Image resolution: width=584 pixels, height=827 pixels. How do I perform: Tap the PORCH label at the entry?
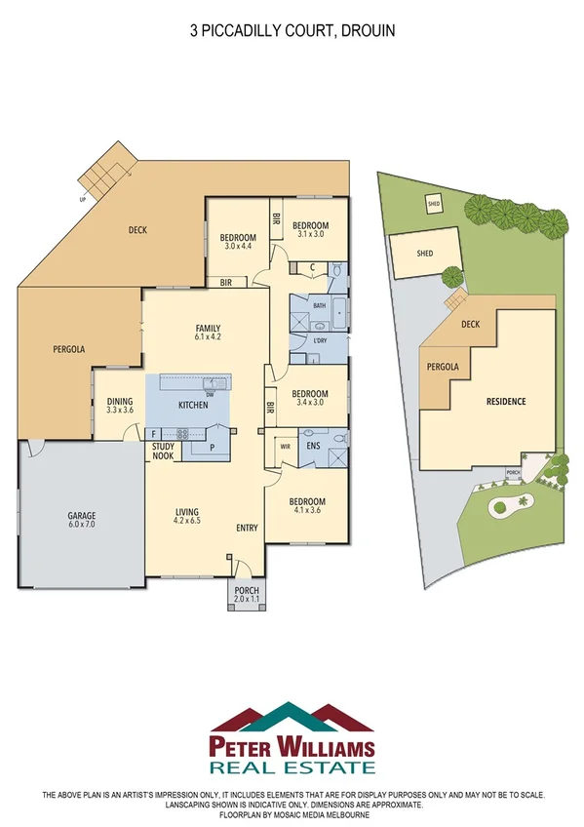click(247, 592)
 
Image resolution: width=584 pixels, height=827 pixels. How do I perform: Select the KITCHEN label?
click(192, 404)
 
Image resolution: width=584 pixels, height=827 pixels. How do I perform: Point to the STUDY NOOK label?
click(163, 451)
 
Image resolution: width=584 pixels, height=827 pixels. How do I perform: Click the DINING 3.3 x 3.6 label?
click(120, 406)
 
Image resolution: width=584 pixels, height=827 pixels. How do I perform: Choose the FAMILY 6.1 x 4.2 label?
click(207, 333)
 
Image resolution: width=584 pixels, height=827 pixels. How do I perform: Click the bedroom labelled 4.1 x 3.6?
click(307, 505)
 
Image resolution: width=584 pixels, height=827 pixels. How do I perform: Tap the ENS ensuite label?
click(313, 447)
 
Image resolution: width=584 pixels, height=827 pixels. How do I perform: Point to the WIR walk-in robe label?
click(285, 447)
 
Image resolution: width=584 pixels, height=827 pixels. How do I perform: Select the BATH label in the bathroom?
click(319, 305)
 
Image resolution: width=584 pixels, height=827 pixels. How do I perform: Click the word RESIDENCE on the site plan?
click(506, 401)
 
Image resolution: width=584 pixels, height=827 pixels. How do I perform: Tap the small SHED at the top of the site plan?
click(433, 204)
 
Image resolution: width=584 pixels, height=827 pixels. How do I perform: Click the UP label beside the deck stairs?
click(81, 198)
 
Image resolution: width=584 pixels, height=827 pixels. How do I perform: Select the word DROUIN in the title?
click(369, 31)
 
